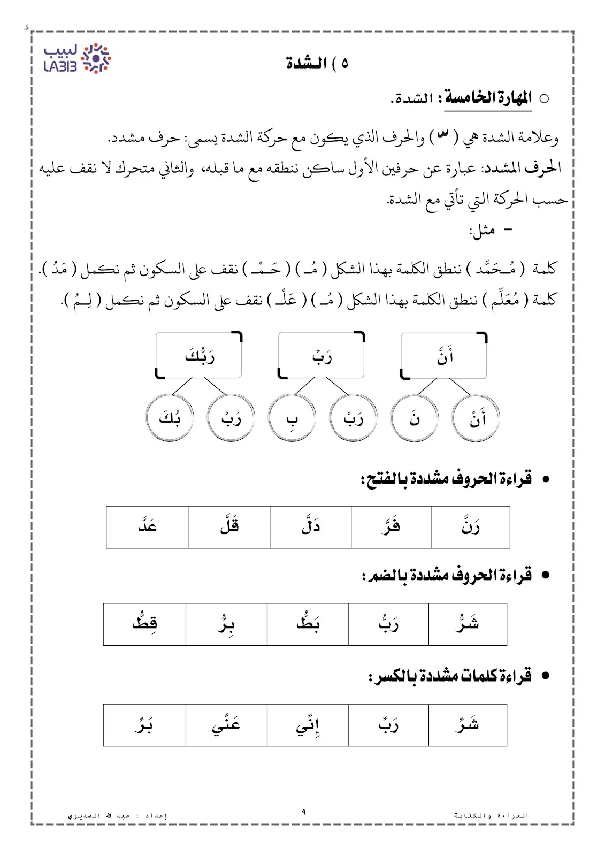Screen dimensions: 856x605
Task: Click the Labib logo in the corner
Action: click(77, 59)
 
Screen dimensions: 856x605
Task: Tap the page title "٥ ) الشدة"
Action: click(317, 64)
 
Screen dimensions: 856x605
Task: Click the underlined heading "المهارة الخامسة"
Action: click(487, 98)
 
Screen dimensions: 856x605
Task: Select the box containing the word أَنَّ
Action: click(444, 356)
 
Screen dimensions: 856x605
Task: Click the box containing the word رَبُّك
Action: click(199, 356)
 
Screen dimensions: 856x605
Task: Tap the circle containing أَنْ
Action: click(476, 418)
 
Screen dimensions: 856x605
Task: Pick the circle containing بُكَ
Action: click(170, 418)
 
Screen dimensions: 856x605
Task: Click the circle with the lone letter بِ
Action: click(292, 418)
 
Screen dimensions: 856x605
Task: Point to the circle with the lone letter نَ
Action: click(415, 418)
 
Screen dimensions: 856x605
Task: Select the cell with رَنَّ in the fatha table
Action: click(470, 527)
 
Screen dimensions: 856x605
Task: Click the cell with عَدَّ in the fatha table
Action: click(147, 527)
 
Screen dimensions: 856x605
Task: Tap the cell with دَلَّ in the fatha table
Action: click(310, 527)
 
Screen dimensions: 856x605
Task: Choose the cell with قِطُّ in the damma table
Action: click(144, 624)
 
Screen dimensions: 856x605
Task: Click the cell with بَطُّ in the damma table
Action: click(308, 624)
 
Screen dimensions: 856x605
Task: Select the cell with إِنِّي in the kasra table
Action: click(308, 725)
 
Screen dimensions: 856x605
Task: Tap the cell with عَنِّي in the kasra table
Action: click(226, 725)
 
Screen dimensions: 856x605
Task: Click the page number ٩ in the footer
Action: click(304, 813)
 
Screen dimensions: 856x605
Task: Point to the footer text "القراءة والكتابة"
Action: click(491, 816)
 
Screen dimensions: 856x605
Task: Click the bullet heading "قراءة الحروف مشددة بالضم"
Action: click(447, 576)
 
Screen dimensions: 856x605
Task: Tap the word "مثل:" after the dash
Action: click(482, 231)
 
